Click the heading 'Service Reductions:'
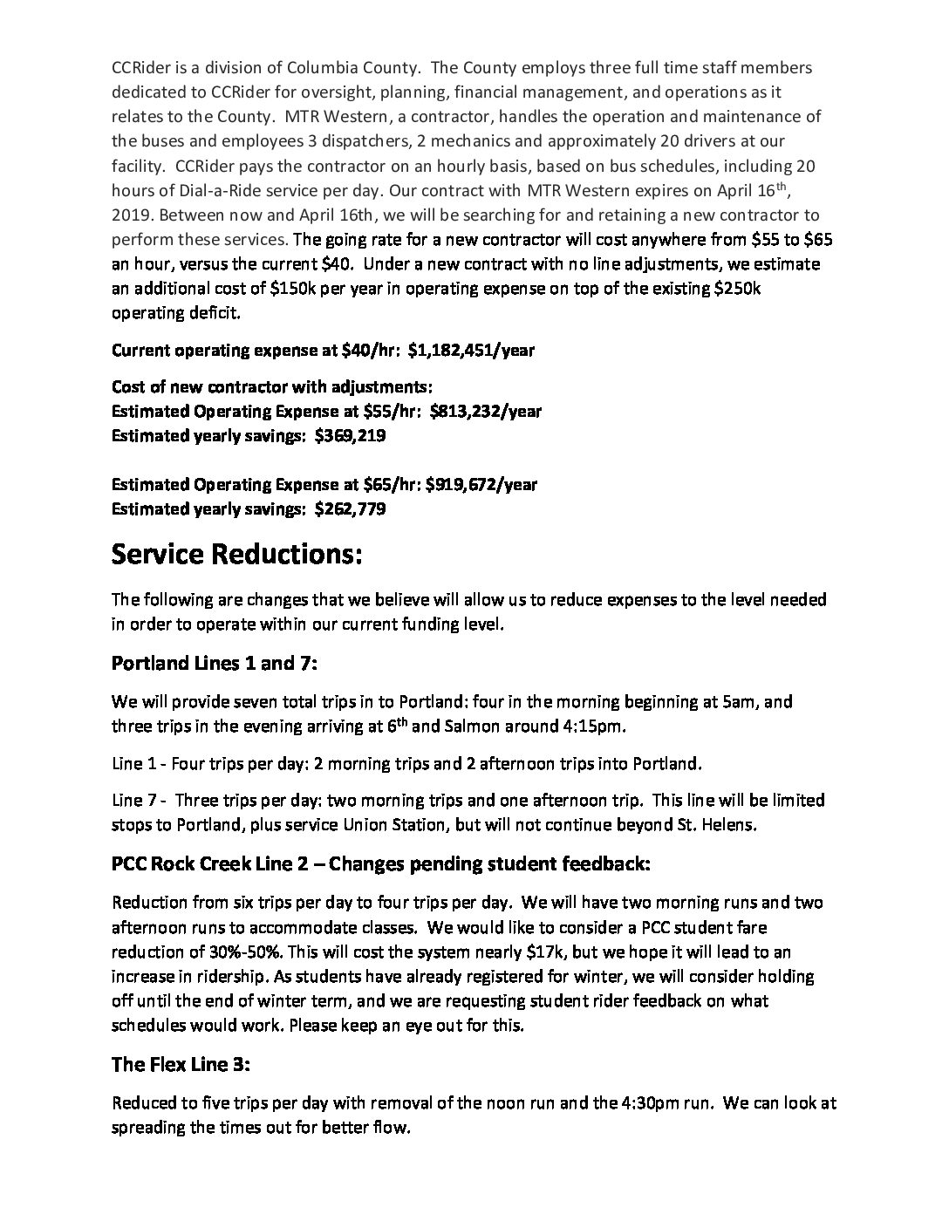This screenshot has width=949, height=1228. (236, 555)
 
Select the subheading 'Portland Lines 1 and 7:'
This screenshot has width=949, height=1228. (214, 664)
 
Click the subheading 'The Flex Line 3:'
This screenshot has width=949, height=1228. (181, 1065)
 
